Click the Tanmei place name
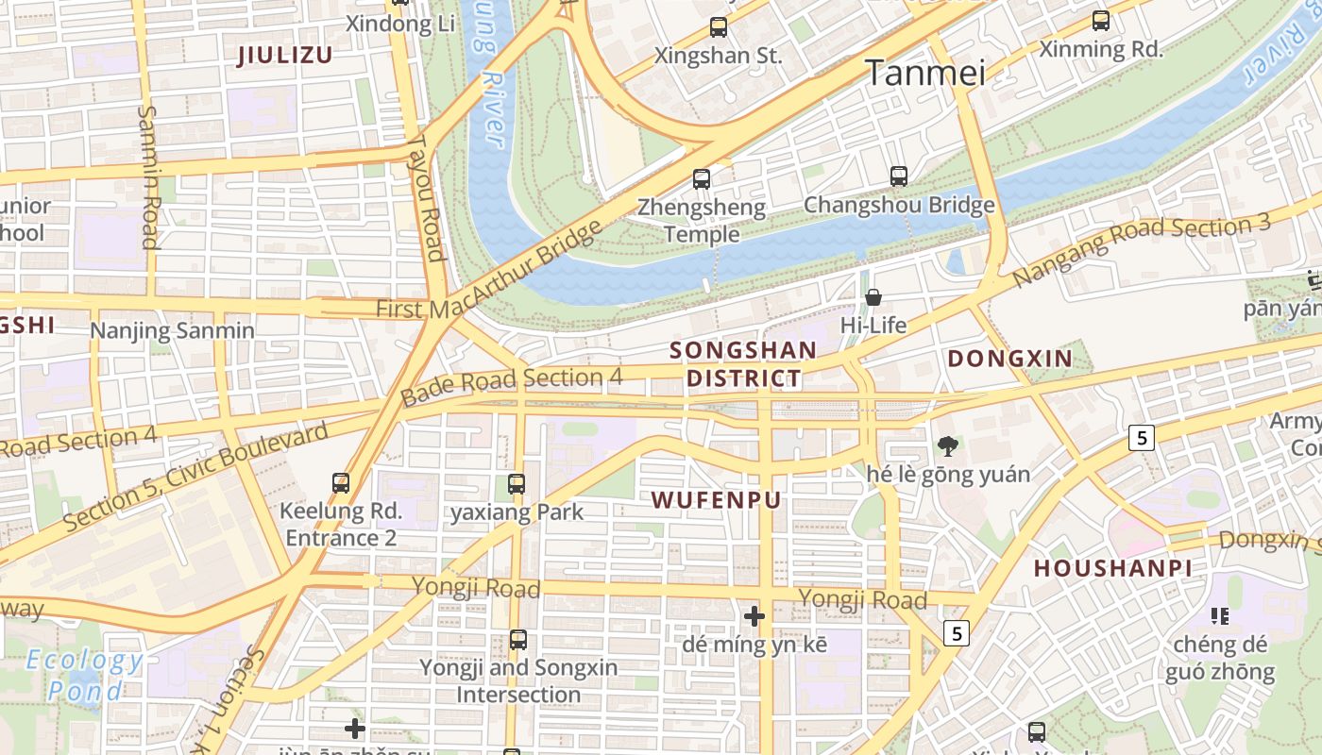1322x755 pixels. [925, 73]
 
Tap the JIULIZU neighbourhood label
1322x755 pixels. [284, 55]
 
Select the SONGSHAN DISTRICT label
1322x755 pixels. [743, 364]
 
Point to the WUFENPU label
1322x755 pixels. [717, 500]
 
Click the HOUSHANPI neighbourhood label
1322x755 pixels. [1112, 568]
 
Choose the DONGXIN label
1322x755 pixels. [1009, 359]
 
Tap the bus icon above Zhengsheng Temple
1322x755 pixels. [701, 178]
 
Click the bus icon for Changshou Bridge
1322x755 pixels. [899, 176]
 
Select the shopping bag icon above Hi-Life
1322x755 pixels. [873, 297]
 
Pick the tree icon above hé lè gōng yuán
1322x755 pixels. [947, 445]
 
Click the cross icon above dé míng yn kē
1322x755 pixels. [754, 617]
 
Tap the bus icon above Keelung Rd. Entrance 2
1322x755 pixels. [341, 483]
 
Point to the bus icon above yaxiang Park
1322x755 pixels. [516, 484]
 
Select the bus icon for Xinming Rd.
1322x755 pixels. [1100, 20]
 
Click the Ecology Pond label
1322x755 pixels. [84, 675]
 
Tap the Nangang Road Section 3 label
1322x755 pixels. [1142, 250]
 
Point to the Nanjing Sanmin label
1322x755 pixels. [172, 331]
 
